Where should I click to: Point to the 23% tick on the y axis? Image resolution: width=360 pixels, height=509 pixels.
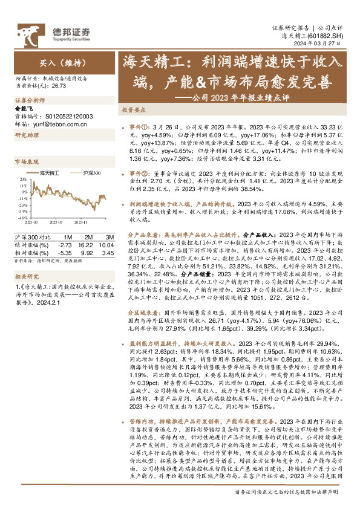tap(23, 179)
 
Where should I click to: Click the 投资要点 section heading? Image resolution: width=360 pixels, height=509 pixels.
tap(133, 111)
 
